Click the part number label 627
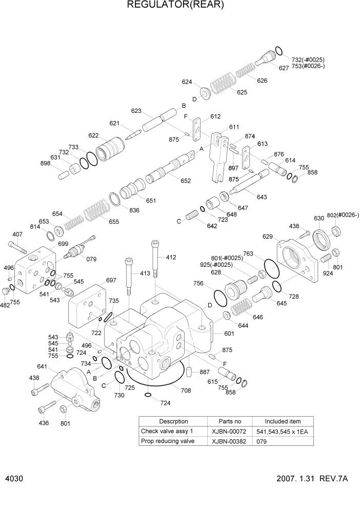(284, 68)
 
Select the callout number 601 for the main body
(229, 334)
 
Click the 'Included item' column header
(283, 421)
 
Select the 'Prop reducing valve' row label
(167, 441)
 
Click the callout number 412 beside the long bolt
(171, 257)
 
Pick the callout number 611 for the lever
(234, 127)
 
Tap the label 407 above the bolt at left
(17, 234)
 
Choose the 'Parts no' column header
(230, 421)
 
